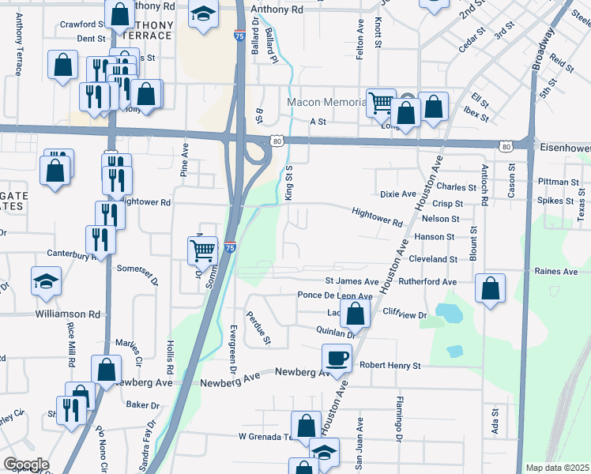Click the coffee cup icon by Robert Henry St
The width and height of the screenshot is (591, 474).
(337, 358)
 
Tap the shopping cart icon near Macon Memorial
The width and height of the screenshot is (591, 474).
(381, 102)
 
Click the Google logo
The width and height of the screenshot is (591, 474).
(26, 465)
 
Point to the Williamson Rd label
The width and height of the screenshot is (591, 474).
(68, 314)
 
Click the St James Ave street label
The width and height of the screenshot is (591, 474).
(352, 281)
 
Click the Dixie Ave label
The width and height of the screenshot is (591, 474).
(397, 194)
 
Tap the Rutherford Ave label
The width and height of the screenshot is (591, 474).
(427, 281)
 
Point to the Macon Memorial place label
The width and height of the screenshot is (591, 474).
(326, 103)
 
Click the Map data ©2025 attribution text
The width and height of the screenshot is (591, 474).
(558, 468)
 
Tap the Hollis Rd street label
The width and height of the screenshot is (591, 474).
(170, 359)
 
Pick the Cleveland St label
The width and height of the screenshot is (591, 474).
(433, 259)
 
